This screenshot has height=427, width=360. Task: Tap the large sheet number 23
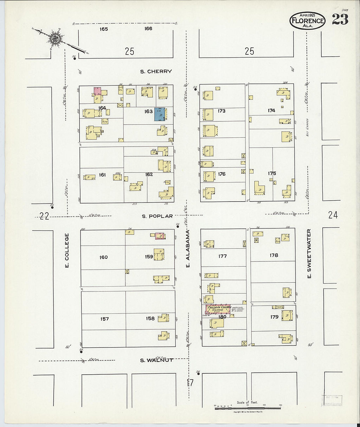tap(340, 20)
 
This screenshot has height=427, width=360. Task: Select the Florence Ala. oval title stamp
tap(307, 21)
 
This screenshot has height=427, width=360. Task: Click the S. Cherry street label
tap(156, 71)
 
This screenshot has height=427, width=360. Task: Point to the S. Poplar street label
tap(157, 216)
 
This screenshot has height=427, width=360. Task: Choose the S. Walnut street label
tap(156, 360)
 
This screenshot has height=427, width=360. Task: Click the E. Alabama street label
tap(188, 249)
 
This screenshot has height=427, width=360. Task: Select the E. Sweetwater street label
tap(309, 254)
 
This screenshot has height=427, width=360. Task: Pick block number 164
tap(102, 108)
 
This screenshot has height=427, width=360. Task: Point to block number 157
tap(104, 319)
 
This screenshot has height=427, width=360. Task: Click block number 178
tap(274, 255)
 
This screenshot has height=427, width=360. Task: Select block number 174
tap(271, 111)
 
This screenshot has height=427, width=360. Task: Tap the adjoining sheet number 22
tap(44, 216)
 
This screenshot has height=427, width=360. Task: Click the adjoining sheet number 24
tap(333, 215)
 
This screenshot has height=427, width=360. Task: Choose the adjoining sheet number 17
tap(190, 382)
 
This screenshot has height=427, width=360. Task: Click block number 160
tap(103, 257)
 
